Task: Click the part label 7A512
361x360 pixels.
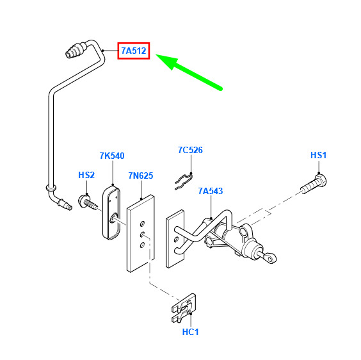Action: [134, 51]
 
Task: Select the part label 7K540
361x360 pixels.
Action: [112, 156]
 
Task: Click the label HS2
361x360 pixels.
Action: [86, 175]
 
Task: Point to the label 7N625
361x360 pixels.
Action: [141, 176]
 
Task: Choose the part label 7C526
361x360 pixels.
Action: [190, 150]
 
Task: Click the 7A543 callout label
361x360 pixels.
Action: [211, 191]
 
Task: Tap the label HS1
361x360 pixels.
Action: [318, 155]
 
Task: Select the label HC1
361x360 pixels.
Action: [190, 332]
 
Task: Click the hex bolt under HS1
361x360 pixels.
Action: [314, 184]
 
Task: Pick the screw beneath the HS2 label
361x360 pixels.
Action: [88, 202]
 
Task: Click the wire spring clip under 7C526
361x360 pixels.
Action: [184, 182]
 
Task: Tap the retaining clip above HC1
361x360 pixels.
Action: [184, 308]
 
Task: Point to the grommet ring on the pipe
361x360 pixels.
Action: [51, 188]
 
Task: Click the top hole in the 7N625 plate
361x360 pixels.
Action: [142, 224]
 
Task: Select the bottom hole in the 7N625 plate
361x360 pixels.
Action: [142, 245]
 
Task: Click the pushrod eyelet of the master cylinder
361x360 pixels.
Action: [271, 258]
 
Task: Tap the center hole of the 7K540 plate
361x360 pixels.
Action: [113, 218]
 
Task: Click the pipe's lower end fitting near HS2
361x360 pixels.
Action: [65, 204]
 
